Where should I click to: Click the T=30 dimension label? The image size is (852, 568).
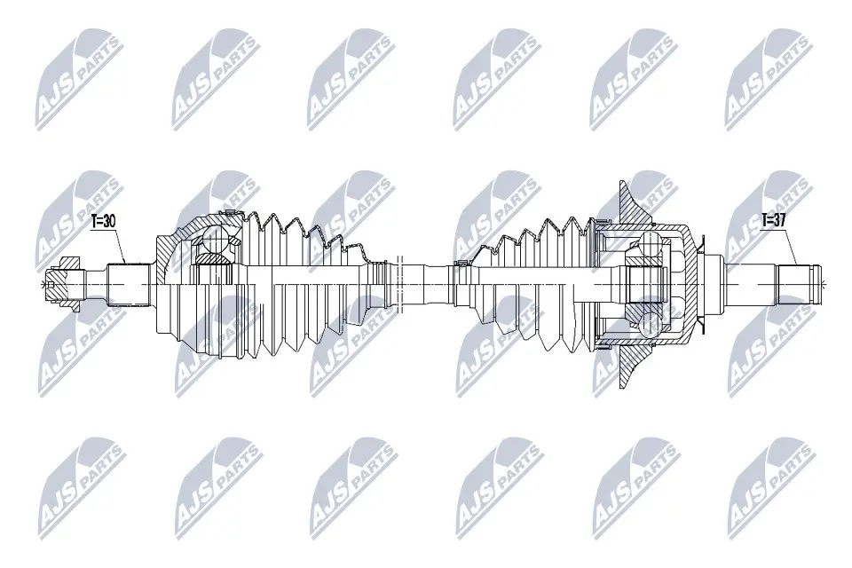point(104,222)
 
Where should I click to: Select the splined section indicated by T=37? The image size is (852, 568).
point(796,283)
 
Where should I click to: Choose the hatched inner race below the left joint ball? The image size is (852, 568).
point(210,259)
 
